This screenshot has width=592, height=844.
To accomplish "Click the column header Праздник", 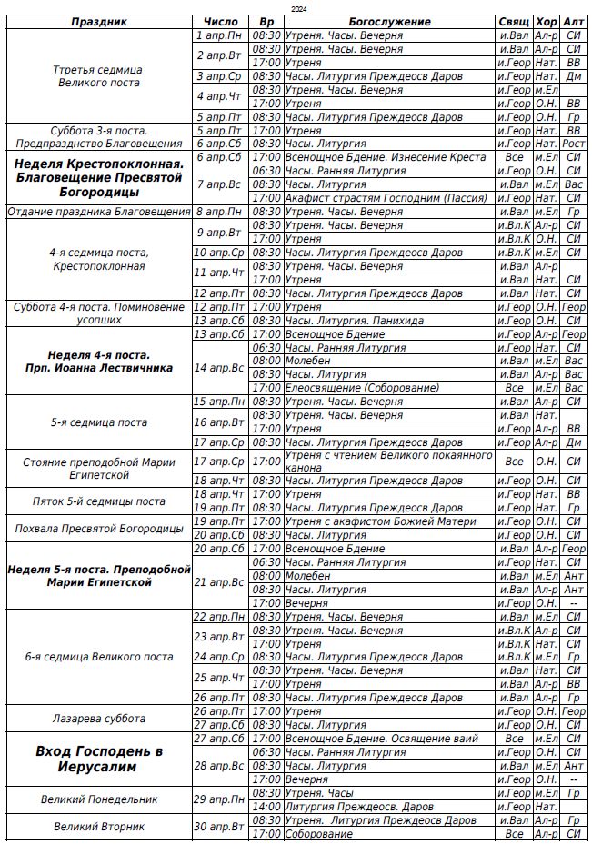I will tap(99, 22).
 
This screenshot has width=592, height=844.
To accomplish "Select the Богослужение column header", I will tap(389, 22).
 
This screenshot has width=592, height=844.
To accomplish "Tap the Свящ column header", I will tap(514, 22).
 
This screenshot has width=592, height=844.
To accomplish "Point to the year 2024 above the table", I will tap(298, 8).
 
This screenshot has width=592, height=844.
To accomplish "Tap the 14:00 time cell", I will tap(266, 807).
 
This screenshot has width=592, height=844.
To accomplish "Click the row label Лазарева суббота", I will tap(99, 719).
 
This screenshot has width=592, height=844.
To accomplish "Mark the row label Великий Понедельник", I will tap(99, 799).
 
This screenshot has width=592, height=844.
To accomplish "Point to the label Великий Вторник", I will tap(99, 827).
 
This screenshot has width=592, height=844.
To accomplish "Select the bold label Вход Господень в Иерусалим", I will tap(99, 759).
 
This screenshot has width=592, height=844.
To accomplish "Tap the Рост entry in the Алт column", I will tap(573, 144).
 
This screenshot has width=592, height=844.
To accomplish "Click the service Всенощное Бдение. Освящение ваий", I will tap(371, 739).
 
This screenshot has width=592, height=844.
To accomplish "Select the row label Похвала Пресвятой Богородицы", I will tap(99, 529).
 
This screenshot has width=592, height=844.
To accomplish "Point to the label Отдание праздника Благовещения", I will tap(99, 212).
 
